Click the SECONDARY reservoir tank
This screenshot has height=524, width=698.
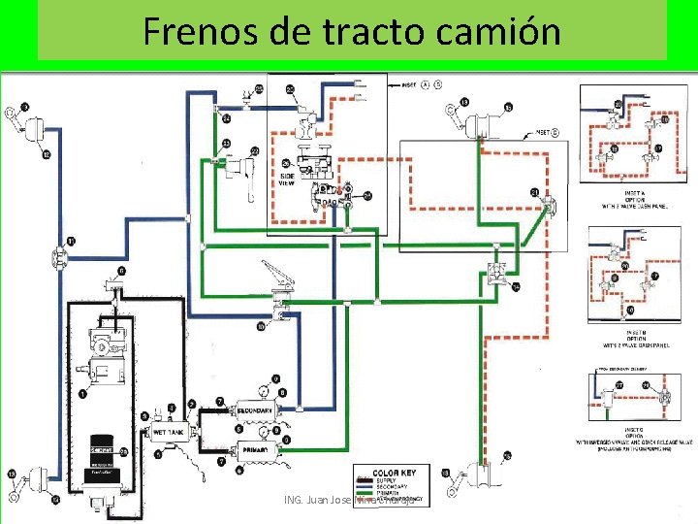tap(255, 411)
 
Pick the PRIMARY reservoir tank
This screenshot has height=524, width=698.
tap(254, 450)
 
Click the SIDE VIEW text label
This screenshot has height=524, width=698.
tap(287, 178)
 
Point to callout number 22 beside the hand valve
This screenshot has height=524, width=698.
tap(254, 150)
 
